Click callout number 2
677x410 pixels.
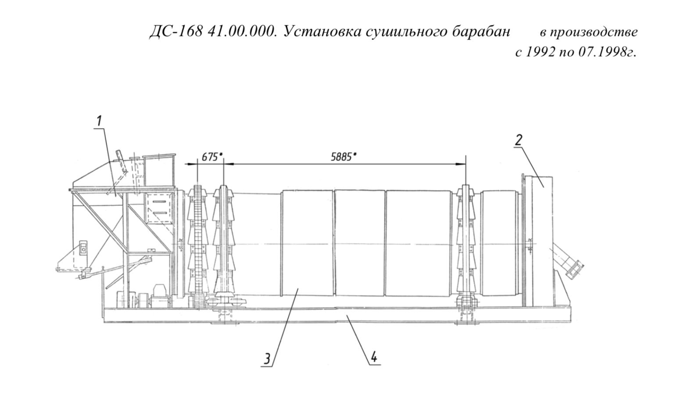click(519, 140)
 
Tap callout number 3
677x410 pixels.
click(267, 359)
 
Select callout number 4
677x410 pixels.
click(374, 358)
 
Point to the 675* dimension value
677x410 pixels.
click(212, 157)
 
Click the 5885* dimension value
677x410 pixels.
click(344, 157)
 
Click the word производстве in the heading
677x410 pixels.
click(595, 32)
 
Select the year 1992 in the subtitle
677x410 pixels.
click(541, 52)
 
